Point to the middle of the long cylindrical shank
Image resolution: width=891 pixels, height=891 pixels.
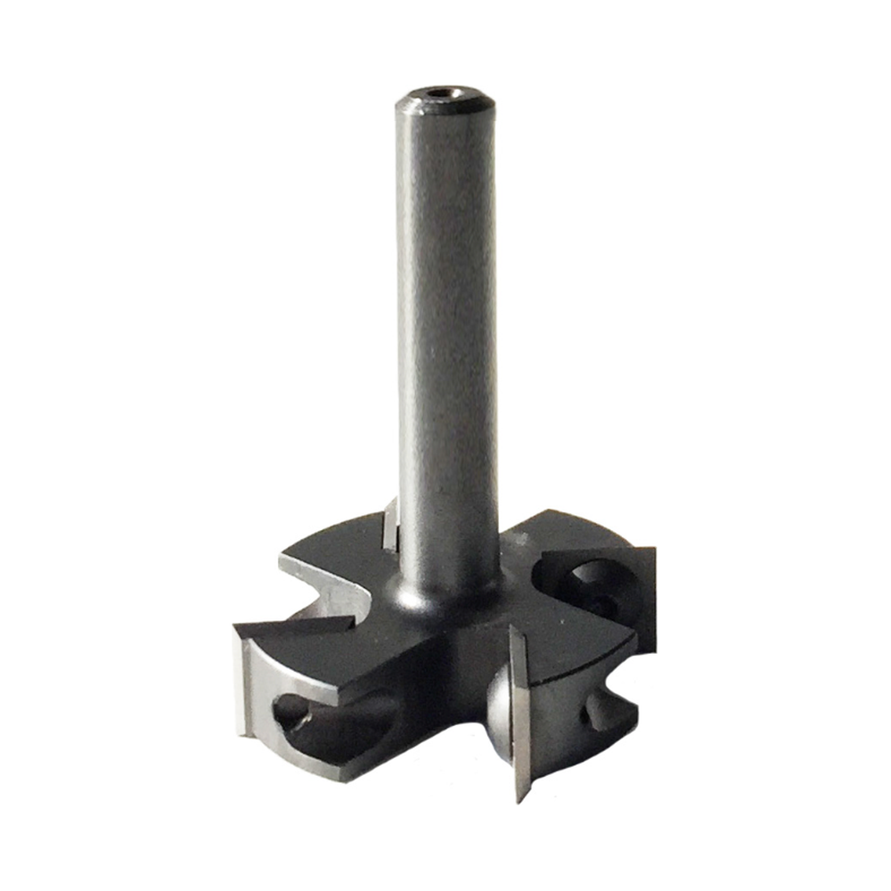coord(445,339)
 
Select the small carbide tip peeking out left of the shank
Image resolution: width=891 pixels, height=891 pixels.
coord(390,526)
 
